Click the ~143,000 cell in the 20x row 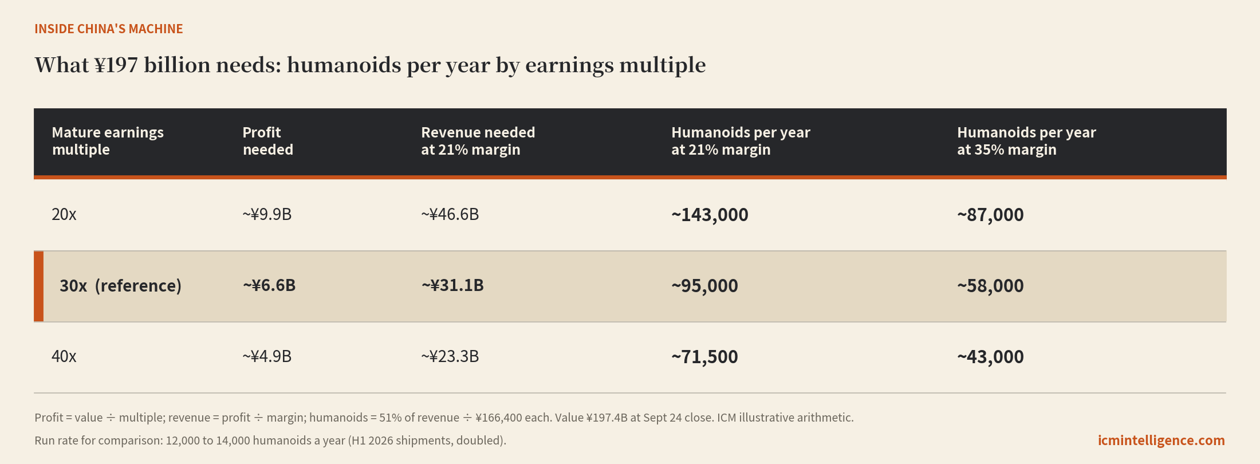coord(710,215)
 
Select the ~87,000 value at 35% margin coord(990,215)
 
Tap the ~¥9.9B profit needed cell coord(267,214)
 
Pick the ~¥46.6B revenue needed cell coord(450,214)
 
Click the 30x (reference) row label coord(120,285)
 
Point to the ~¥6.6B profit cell coord(269,285)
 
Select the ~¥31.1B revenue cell coord(452,285)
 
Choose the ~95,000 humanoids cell coord(704,286)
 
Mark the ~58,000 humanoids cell coord(990,286)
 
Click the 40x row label coord(64,356)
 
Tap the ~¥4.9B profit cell coord(267,356)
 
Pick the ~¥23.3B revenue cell coord(450,356)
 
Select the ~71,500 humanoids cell coord(704,357)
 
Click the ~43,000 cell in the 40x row coord(990,357)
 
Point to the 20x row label coord(64,214)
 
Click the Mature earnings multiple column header coord(108,141)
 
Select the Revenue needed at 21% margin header coord(478,141)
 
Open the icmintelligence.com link coord(1161,441)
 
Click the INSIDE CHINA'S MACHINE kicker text coord(109,29)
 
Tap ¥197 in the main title coord(116,65)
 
